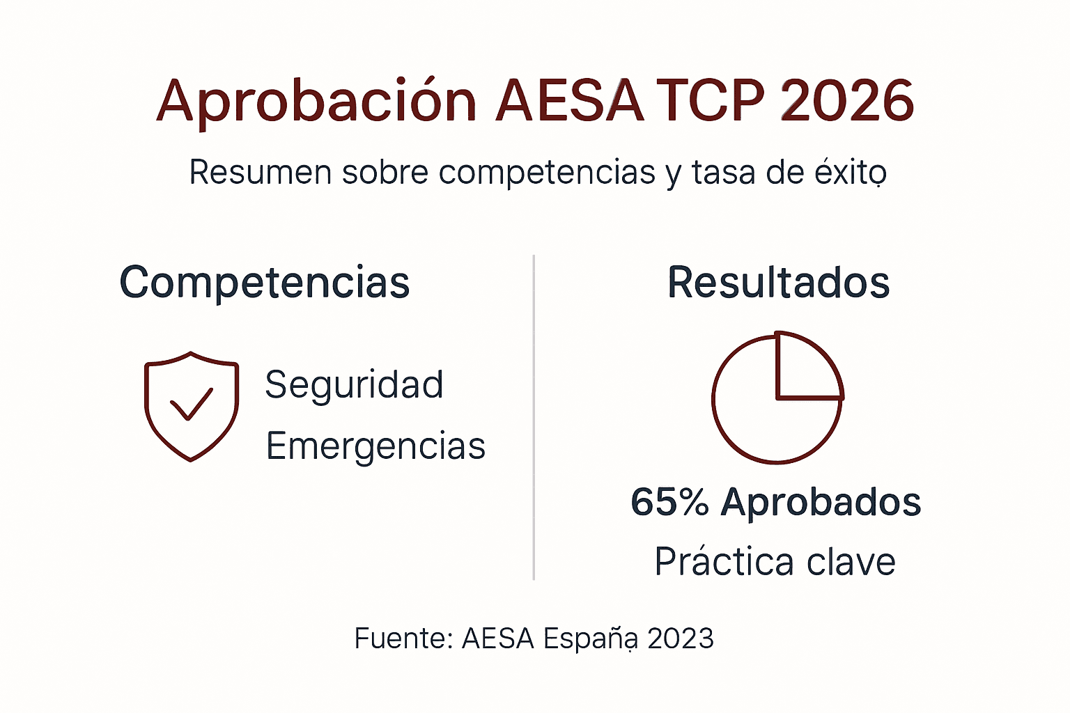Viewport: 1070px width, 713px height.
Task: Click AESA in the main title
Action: (569, 101)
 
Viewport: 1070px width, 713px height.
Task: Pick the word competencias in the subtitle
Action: (547, 172)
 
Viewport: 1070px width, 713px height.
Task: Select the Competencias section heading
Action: (265, 283)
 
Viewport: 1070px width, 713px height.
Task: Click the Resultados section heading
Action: (778, 283)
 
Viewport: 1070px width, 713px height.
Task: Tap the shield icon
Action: (192, 406)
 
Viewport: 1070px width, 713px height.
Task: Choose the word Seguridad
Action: (354, 384)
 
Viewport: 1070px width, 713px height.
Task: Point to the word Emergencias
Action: (375, 446)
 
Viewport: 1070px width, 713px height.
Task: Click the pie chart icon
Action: (777, 398)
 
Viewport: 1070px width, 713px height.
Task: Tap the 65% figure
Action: (669, 502)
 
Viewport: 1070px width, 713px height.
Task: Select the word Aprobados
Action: (821, 502)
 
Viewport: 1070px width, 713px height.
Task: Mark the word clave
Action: (851, 562)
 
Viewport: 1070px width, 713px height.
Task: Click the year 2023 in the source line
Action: (681, 638)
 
